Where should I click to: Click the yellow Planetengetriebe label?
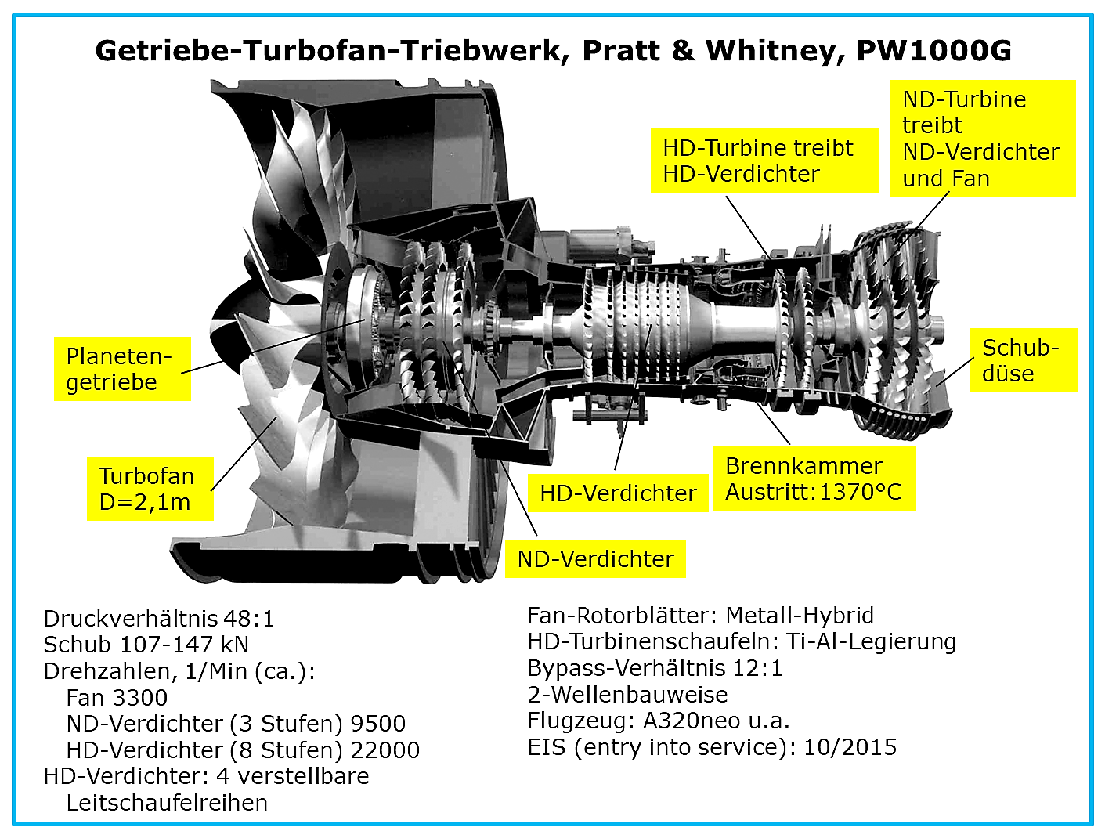(x=122, y=369)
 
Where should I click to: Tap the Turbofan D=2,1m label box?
(x=150, y=488)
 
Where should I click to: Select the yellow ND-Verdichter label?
(x=595, y=558)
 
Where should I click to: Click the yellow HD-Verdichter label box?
(x=618, y=493)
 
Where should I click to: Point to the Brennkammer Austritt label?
(x=814, y=479)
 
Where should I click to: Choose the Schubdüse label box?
(x=1024, y=360)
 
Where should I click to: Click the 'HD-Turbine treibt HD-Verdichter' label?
(x=764, y=161)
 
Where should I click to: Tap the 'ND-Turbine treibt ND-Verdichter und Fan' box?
(x=983, y=139)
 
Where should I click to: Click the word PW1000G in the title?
(x=934, y=50)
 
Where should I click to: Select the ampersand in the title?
(x=683, y=50)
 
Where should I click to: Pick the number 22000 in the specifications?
(x=385, y=750)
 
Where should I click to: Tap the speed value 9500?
(x=378, y=724)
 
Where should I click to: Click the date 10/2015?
(x=850, y=747)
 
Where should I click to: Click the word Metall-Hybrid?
(x=800, y=616)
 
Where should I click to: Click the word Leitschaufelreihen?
(x=167, y=803)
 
